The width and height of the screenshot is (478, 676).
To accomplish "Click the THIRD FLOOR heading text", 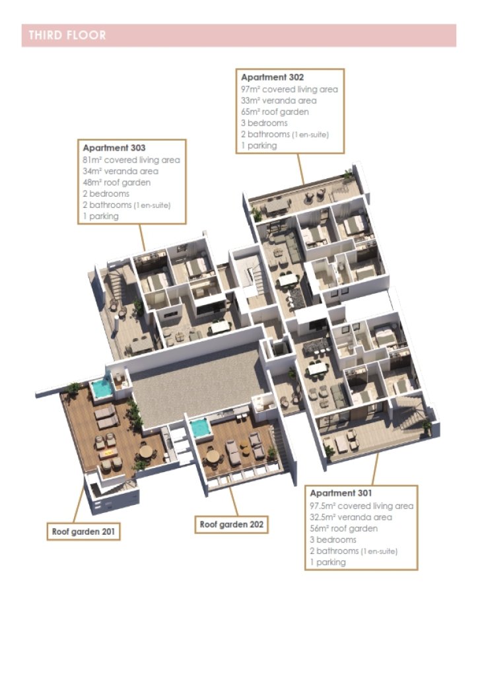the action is coord(67,35).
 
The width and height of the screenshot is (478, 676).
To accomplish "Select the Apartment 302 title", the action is coord(273,77).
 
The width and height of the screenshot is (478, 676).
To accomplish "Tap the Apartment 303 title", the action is coord(114,148).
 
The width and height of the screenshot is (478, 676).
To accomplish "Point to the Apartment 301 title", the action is coord(341,492).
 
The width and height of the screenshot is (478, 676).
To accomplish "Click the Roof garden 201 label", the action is coord(84,531).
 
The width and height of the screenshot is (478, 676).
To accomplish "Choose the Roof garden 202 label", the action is coord(232,525).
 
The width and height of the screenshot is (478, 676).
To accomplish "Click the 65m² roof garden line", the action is coord(275,112).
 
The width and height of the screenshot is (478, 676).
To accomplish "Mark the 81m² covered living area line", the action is coord(131,160).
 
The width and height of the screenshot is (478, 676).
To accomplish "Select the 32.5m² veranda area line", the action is coord(351,517).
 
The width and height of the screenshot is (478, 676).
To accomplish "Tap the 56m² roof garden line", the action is coord(343,528).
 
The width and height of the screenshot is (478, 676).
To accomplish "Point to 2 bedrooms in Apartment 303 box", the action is coord(106,193).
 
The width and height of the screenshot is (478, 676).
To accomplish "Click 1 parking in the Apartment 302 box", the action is coord(259,145).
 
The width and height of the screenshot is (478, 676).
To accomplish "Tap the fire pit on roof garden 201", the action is coord(109,453).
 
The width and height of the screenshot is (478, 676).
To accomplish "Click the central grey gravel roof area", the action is coord(194,385).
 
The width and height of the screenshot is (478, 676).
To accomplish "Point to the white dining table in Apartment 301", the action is coord(318,368).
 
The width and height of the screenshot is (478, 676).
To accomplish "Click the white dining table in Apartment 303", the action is coord(221,327).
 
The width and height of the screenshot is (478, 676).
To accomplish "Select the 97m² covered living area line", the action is coord(290,89).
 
